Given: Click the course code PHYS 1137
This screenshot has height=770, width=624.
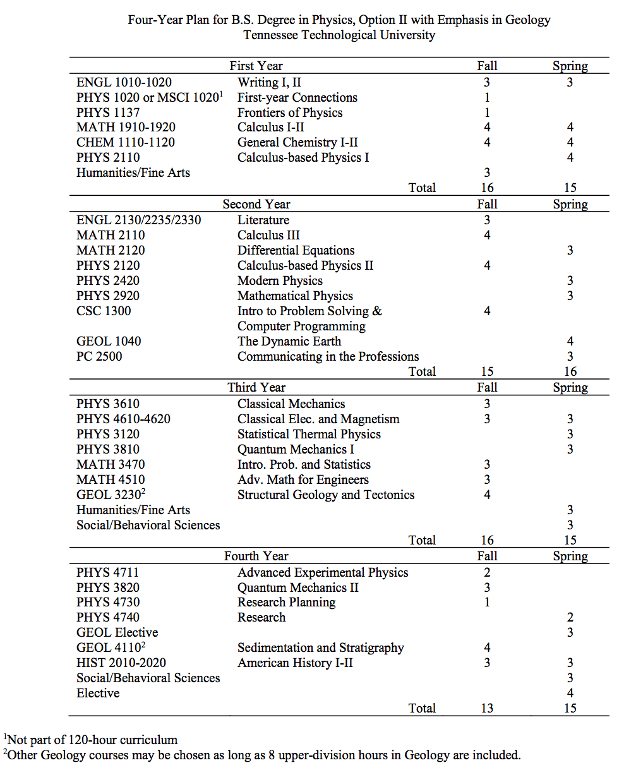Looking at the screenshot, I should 107,112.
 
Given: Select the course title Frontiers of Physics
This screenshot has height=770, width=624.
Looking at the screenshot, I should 290,112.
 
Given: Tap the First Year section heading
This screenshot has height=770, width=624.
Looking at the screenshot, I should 256,66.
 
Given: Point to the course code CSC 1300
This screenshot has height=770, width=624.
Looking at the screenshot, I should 104,311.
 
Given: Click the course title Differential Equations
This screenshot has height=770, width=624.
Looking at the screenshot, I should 296,250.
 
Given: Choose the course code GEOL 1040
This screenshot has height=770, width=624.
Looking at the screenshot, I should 108,341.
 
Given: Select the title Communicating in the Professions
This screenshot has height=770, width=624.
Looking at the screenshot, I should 328,356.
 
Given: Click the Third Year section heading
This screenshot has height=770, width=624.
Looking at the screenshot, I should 256,387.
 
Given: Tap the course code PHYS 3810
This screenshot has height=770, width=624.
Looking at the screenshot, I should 108,449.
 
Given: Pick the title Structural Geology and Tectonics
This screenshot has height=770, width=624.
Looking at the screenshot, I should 326,495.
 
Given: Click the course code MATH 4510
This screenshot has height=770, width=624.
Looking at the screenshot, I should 110,479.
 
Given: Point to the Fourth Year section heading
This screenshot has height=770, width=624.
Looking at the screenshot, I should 256,556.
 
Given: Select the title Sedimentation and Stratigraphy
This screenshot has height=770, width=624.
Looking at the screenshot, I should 320,647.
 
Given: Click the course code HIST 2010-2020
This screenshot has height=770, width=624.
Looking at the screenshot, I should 121,663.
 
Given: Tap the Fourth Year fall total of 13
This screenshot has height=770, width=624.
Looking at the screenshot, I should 486,708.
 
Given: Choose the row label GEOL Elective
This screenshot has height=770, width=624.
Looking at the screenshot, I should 117,632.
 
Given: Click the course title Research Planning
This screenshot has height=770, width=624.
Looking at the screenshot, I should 286,602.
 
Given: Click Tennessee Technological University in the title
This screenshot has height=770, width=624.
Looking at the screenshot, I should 339,35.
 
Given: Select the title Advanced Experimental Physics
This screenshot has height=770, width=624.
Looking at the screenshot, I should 323,572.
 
